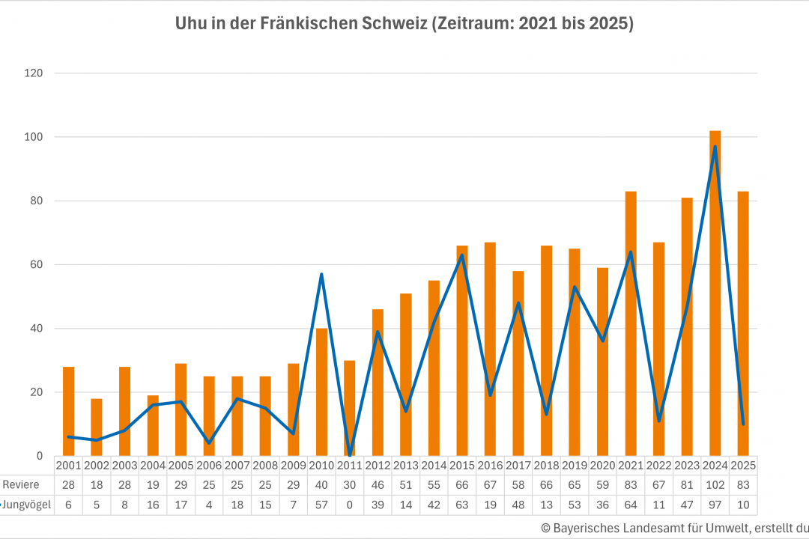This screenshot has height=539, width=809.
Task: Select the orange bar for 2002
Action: [97, 427]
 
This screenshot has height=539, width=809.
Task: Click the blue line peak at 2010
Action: [321, 274]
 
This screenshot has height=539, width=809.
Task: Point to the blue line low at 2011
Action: [350, 454]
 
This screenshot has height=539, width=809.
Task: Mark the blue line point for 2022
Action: [659, 421]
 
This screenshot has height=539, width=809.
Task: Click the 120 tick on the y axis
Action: [34, 73]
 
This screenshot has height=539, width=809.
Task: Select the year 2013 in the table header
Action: [406, 465]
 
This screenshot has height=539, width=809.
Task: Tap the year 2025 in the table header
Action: [743, 465]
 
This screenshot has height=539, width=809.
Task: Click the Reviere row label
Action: [20, 485]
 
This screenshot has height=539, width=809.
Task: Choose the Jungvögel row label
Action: [27, 505]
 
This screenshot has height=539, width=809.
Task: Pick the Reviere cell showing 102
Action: [715, 485]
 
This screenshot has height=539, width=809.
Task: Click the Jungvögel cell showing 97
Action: [715, 505]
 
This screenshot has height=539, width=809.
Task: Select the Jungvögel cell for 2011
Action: [350, 505]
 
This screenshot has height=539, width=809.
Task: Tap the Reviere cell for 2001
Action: [68, 485]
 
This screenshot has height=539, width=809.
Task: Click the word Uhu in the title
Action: [190, 24]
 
